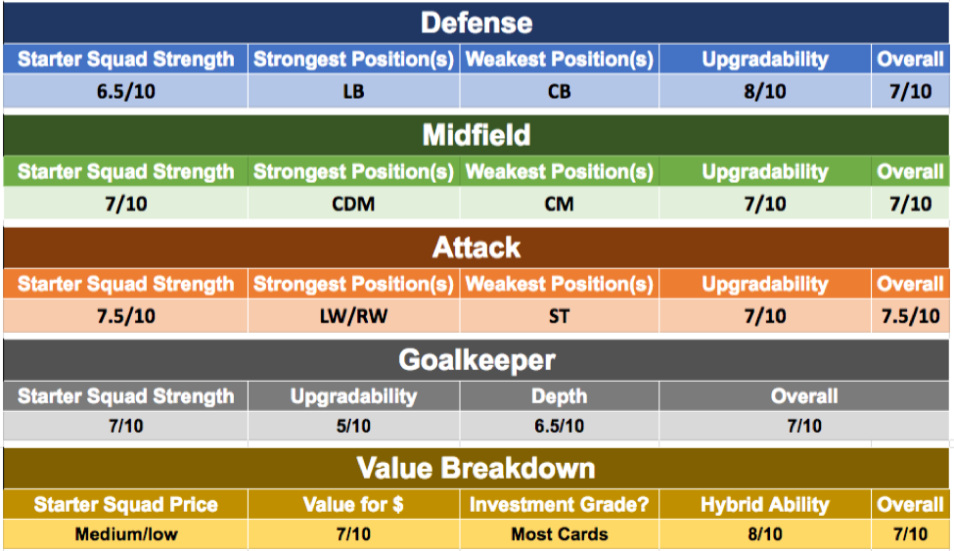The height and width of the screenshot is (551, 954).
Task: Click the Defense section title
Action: [477, 23]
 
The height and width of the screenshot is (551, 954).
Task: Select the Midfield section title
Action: [477, 135]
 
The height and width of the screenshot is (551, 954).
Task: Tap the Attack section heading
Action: [477, 248]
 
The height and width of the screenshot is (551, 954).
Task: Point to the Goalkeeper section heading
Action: [477, 360]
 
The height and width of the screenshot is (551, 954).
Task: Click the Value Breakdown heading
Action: [477, 468]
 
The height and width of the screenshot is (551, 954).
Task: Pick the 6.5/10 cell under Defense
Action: [126, 91]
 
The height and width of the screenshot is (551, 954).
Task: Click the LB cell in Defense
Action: [353, 91]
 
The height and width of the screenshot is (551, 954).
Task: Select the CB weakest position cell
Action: [559, 91]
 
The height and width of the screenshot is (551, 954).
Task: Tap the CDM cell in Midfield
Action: [353, 204]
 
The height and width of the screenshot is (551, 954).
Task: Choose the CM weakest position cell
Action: [559, 204]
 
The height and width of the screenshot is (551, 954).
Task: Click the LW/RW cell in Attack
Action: [353, 316]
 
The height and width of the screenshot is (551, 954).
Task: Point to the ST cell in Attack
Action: [559, 316]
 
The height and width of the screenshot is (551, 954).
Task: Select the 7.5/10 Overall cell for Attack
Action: [910, 316]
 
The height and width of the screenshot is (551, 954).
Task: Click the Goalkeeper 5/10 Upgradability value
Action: [353, 426]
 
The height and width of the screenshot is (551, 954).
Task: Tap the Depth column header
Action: [559, 396]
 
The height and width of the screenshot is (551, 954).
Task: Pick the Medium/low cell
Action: [126, 534]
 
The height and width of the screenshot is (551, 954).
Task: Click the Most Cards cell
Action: [559, 534]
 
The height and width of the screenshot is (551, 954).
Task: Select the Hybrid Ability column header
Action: [765, 505]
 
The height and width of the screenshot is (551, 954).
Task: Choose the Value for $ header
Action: [353, 505]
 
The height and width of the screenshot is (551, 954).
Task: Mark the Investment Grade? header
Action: [559, 505]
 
